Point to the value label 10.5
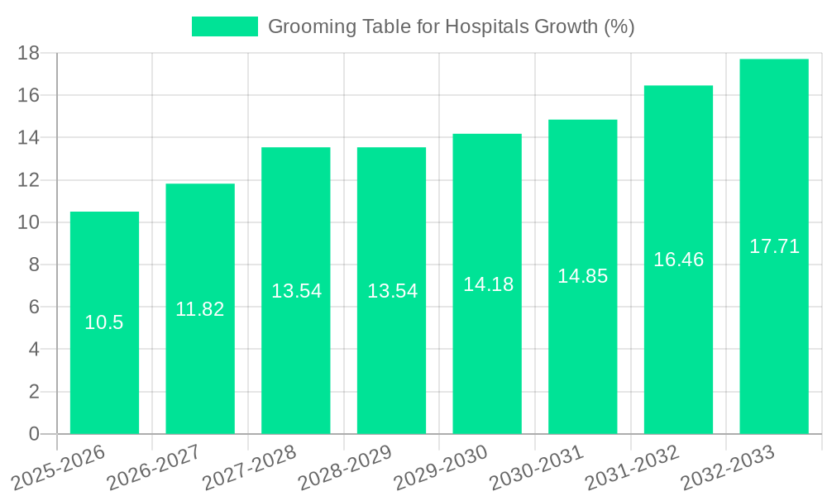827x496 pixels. (x=104, y=322)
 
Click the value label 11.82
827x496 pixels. (x=200, y=309)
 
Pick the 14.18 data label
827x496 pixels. (x=488, y=284)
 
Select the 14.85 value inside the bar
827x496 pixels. (x=582, y=276)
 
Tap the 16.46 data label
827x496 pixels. (x=678, y=260)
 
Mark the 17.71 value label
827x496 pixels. (x=774, y=246)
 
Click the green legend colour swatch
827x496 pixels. (x=225, y=26)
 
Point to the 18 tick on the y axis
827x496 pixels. (x=29, y=53)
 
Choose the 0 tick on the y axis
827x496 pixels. (x=34, y=434)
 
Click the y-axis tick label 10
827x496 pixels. (x=29, y=222)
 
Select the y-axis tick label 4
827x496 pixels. (x=34, y=350)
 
